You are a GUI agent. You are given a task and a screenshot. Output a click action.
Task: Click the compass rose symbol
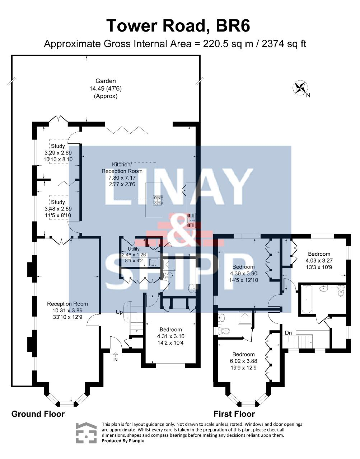coord(300,87)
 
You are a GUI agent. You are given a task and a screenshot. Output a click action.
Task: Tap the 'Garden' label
coord(106,81)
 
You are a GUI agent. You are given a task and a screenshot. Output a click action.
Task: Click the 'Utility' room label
coord(134,249)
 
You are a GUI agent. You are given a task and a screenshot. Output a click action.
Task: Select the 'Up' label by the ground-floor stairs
coord(119,312)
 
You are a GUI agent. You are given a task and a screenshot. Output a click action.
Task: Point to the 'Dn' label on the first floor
coord(288,333)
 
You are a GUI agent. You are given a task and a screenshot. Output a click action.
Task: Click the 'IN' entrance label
coord(116,360)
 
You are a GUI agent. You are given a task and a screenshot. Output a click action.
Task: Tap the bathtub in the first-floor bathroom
coord(307,299)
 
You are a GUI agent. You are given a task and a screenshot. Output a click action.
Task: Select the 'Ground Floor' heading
coord(38,414)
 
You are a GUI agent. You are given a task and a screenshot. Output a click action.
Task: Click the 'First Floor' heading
coord(234,414)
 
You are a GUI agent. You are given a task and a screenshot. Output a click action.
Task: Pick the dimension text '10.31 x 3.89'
coord(67,310)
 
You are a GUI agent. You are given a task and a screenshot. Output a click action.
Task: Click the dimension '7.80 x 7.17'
coord(122,178)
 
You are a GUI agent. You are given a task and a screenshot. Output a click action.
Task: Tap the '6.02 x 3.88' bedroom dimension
coord(243,361)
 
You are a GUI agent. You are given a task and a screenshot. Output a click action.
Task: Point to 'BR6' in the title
coord(233,25)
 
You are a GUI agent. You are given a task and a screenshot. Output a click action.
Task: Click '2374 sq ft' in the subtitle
coord(284,44)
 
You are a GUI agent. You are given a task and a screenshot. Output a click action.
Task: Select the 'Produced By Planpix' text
coord(123,440)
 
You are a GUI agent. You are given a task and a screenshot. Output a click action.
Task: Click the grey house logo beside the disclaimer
coord(86,432)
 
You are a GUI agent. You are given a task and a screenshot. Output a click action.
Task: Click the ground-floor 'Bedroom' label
coord(170,329)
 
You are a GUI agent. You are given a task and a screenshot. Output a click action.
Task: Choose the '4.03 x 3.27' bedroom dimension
coord(319,260)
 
